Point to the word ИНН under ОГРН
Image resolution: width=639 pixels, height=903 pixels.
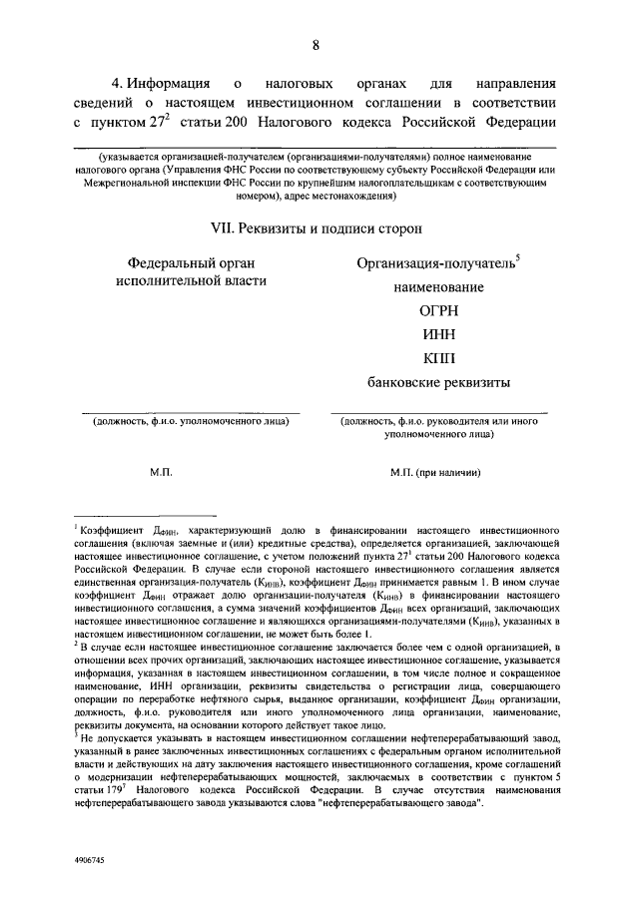coord(438,334)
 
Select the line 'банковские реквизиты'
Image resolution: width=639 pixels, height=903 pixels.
coord(438,381)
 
